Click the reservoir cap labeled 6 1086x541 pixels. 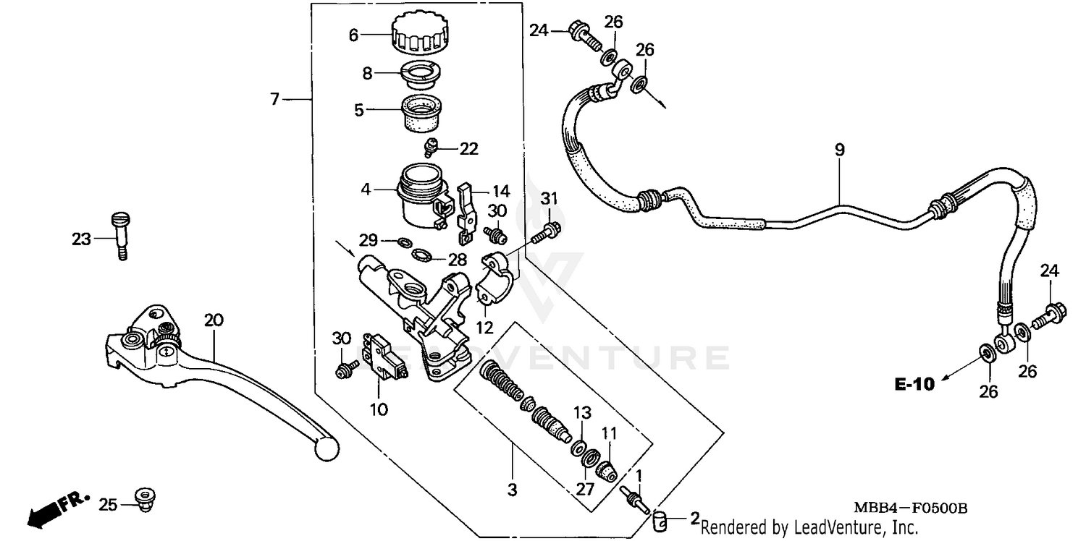point(421,33)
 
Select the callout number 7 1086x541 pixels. point(274,99)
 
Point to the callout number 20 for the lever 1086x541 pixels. point(211,320)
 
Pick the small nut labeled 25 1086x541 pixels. point(146,499)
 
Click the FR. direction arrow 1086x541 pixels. point(56,509)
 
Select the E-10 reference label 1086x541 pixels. point(914,384)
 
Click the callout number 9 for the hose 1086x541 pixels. point(839,150)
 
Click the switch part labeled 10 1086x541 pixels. point(384,355)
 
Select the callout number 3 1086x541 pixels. point(512,490)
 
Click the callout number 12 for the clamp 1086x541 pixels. point(484,328)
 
